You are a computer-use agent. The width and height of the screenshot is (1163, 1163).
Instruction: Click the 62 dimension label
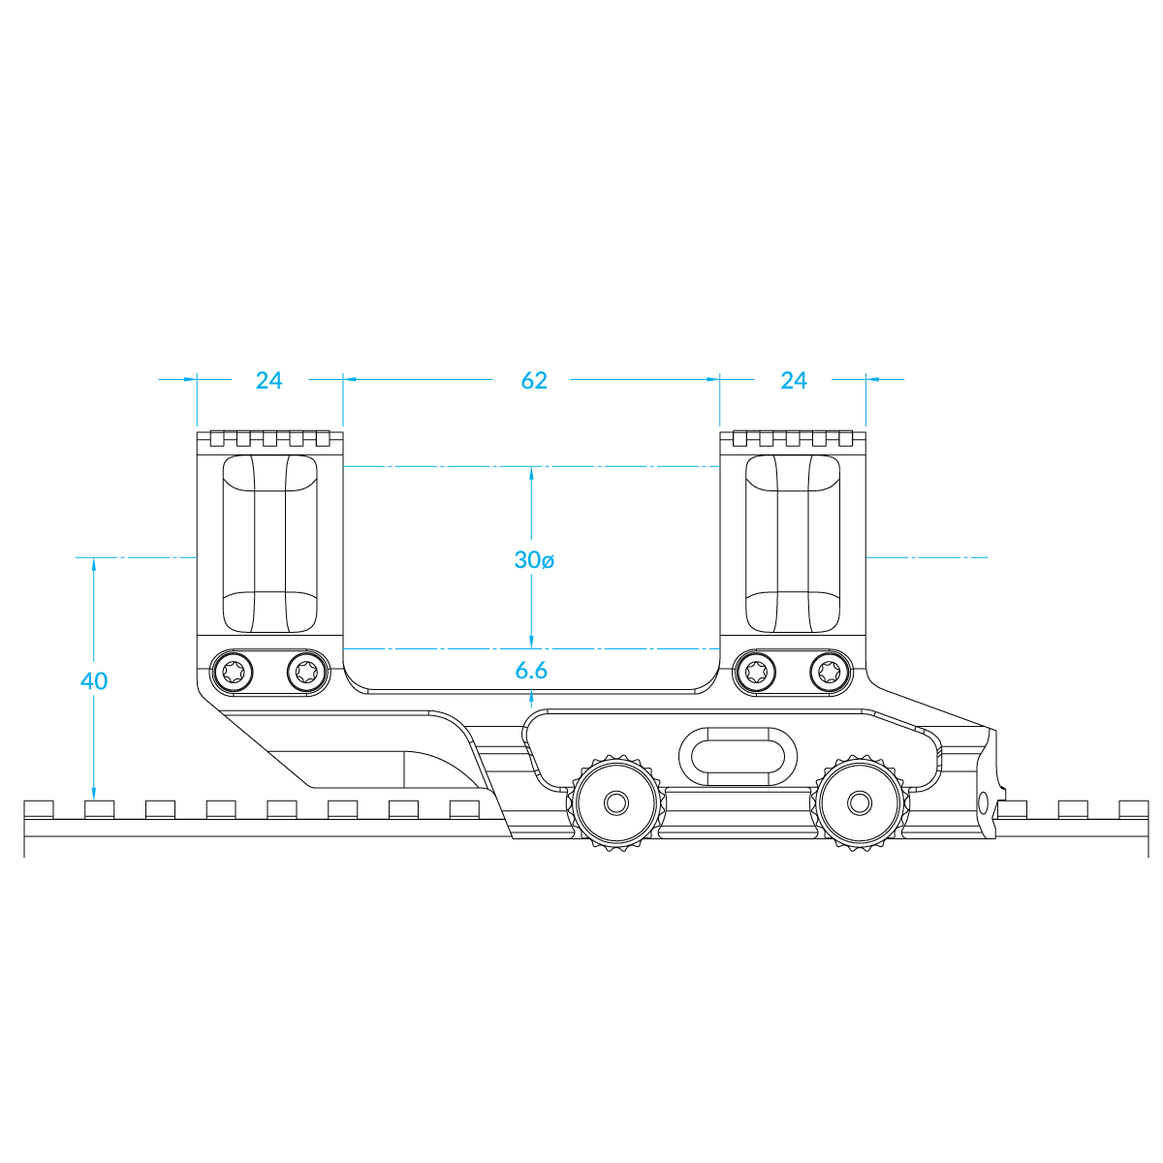(533, 380)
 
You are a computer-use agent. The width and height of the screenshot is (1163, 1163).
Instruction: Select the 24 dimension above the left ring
(268, 380)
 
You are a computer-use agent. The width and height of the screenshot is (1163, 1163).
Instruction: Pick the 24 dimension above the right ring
(793, 380)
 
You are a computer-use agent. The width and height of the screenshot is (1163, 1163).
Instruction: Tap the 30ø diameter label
(533, 560)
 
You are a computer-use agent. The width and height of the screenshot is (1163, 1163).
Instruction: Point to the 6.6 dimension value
(531, 671)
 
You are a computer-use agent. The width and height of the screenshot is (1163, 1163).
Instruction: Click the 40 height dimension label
(94, 681)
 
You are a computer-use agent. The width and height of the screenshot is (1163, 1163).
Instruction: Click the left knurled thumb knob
(616, 802)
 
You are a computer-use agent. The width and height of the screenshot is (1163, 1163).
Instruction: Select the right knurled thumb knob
(860, 802)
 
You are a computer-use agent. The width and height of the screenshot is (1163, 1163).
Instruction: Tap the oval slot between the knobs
(738, 757)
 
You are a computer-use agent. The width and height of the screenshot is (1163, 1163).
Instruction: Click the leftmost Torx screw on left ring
(234, 671)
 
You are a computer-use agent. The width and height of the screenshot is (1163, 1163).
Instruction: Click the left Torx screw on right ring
(756, 671)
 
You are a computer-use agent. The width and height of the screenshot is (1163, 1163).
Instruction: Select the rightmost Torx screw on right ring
(830, 671)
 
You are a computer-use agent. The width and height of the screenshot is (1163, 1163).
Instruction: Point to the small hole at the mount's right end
(983, 803)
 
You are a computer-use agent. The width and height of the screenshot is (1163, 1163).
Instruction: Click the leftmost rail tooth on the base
(39, 809)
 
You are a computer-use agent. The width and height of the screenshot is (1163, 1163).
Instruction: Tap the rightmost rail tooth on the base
(1133, 809)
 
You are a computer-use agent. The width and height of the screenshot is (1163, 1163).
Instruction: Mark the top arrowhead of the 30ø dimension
(531, 474)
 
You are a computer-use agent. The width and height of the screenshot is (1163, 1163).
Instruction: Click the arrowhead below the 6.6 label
(531, 700)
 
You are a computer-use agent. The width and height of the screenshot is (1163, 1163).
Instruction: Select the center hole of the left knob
(616, 802)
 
